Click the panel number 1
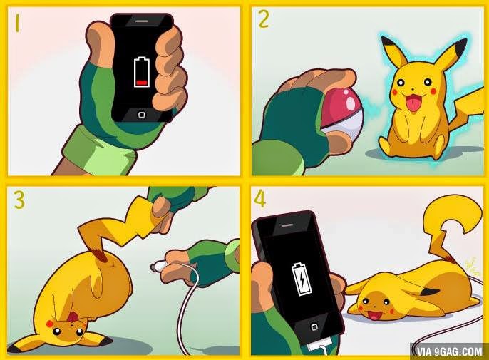click(x=18, y=25)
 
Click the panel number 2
click(x=264, y=19)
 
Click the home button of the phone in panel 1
click(x=142, y=114)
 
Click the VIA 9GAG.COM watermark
click(x=447, y=349)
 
